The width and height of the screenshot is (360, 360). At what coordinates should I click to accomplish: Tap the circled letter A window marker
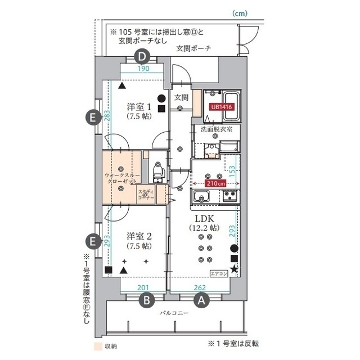202,300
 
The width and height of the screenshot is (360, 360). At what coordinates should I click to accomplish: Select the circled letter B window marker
146,300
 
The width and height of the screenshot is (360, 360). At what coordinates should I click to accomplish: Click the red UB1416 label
222,106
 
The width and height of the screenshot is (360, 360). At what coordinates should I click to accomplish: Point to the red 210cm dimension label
216,183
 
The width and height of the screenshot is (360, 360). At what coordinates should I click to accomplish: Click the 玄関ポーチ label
192,48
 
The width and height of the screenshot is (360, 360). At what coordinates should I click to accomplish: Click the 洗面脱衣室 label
217,129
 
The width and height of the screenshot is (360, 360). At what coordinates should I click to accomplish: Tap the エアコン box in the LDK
219,273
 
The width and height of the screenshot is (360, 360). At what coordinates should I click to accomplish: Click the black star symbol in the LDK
234,272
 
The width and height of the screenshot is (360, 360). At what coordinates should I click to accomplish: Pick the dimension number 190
143,69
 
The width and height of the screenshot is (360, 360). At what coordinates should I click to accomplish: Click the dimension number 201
143,288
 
